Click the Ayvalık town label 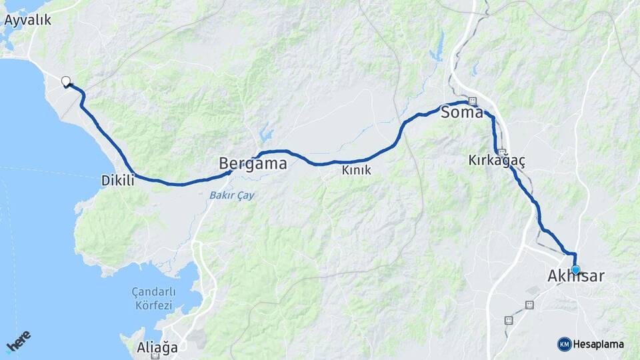pos(27,20)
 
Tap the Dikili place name pos(117,180)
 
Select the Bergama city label pos(253,163)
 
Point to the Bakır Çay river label pos(231,195)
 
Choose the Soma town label pos(461,113)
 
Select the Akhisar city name pos(575,275)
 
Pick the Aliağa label pos(157,347)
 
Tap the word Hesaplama pos(599,344)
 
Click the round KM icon pos(564,344)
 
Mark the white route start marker pos(65,81)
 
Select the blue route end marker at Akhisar pos(575,269)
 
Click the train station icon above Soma pos(473,101)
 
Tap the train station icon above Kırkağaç pos(501,152)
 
